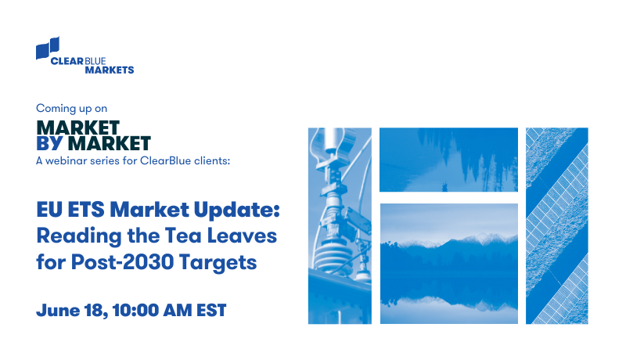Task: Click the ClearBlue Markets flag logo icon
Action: (49, 48)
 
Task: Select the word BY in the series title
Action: (51, 143)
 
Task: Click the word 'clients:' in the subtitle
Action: (212, 160)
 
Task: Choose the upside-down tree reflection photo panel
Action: (448, 160)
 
